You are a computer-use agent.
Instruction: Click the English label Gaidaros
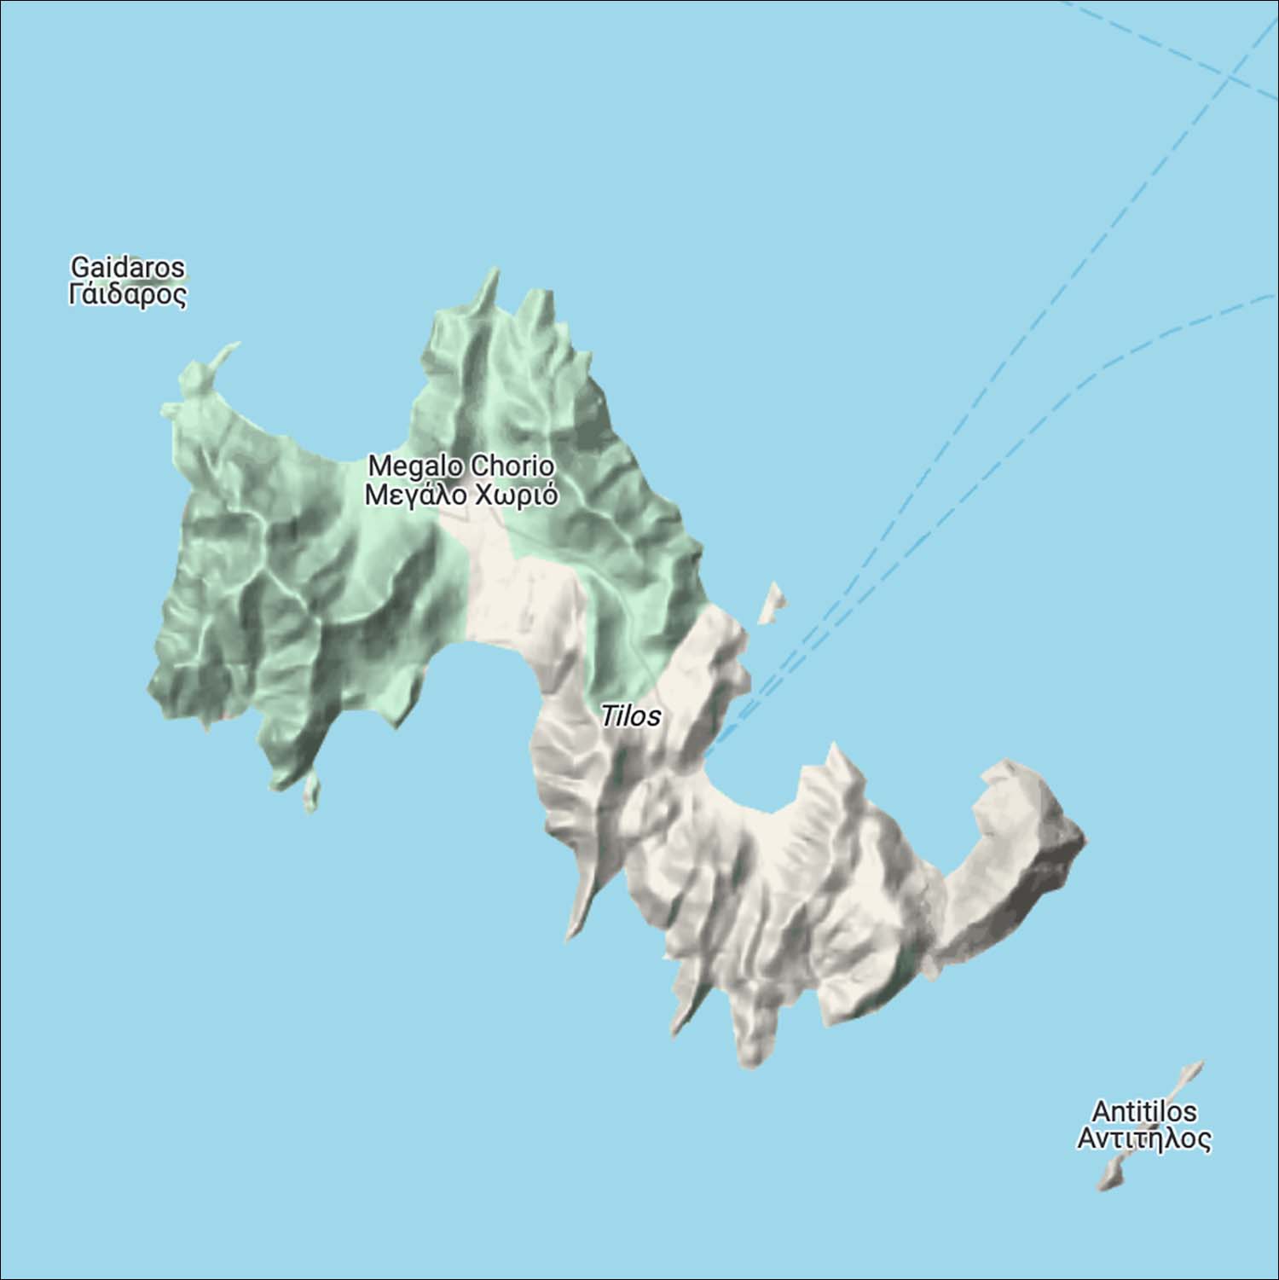[127, 267]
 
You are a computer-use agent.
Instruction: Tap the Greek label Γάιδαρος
[127, 295]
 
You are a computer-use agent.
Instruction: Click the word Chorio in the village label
[512, 466]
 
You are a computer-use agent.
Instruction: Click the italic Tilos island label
[630, 716]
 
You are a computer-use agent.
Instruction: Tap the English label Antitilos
[1143, 1112]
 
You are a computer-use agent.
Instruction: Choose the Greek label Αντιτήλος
[1143, 1139]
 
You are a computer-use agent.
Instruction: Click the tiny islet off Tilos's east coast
[773, 601]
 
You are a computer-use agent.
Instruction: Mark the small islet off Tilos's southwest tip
[311, 791]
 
